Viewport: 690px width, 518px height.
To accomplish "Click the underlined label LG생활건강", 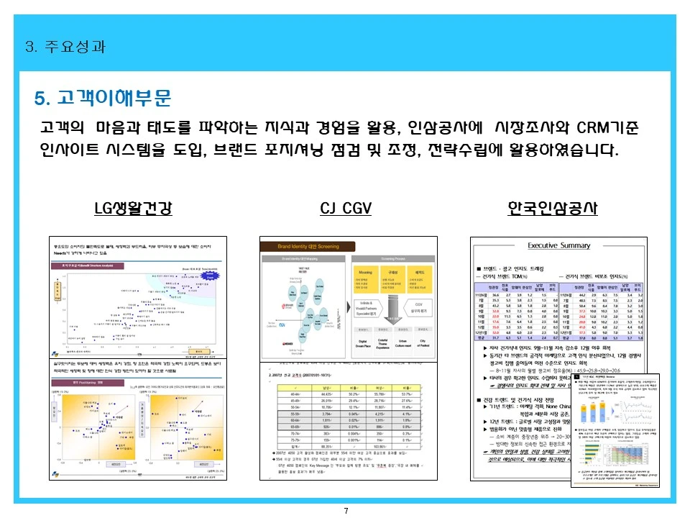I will (133, 209).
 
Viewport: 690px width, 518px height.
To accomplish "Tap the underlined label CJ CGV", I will (345, 209).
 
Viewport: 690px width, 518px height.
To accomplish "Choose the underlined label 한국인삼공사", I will (552, 209).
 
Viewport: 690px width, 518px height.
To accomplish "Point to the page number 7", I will (346, 511).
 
